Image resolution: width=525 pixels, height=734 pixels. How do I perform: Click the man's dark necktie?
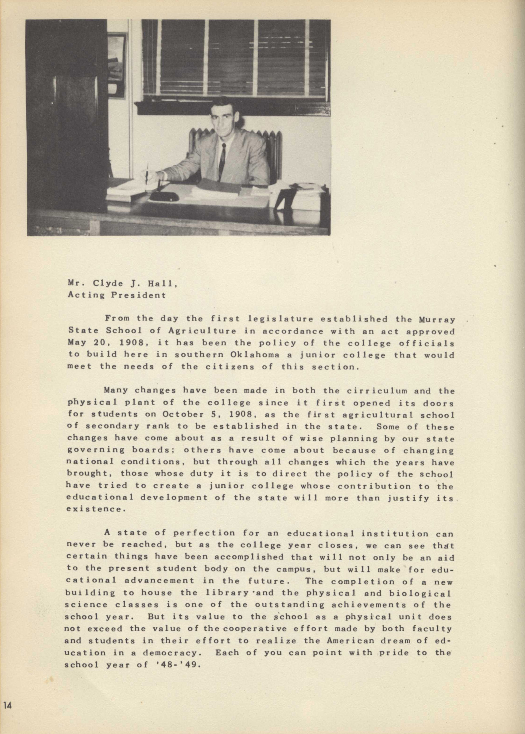(x=222, y=162)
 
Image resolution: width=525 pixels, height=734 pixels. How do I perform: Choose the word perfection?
(x=204, y=533)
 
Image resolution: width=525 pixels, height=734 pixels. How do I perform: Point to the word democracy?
(x=170, y=652)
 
